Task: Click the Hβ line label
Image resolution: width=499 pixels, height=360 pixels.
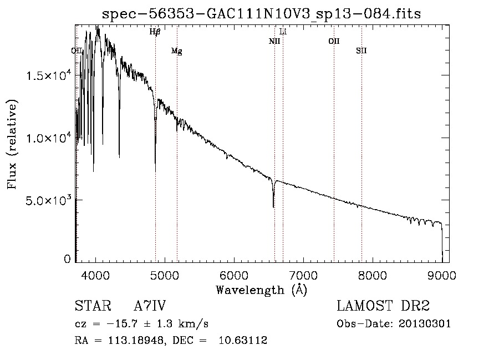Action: click(x=155, y=32)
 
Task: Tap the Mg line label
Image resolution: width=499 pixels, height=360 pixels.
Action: click(x=177, y=51)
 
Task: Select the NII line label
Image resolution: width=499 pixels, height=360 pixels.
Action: click(x=274, y=41)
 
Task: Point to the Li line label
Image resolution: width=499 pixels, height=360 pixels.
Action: click(x=283, y=32)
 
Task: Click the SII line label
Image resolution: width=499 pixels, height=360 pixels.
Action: click(x=361, y=50)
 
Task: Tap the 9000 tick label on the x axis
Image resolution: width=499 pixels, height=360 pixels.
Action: click(x=442, y=275)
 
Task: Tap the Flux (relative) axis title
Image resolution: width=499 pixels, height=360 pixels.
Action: click(x=13, y=144)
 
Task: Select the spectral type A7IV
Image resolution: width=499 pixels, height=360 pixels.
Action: click(x=150, y=306)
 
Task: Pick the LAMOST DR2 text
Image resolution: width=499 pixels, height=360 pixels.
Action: click(x=383, y=306)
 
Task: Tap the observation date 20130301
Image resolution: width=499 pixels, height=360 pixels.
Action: click(x=425, y=324)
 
